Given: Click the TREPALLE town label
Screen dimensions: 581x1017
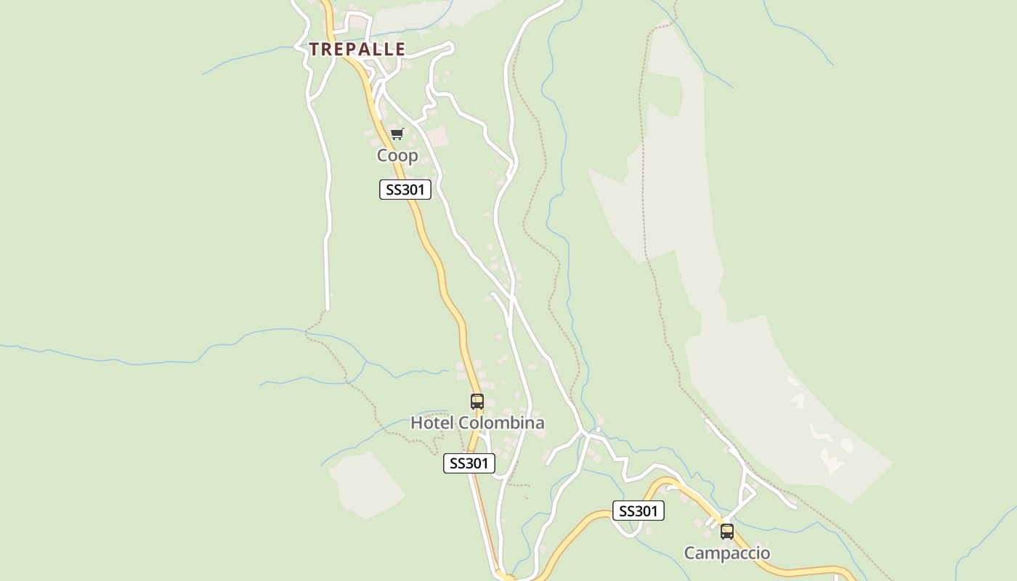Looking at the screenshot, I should (357, 49).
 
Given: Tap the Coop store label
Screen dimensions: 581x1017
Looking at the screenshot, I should (397, 155).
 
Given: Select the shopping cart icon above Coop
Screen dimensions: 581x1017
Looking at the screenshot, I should (397, 134).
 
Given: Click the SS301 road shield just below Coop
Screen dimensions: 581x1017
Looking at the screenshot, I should (405, 190).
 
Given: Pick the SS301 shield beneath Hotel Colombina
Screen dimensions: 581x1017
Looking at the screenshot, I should (469, 463).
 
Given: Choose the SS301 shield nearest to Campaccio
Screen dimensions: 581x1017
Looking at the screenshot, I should (639, 511).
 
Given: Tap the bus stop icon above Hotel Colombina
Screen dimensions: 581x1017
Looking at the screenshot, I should (477, 402).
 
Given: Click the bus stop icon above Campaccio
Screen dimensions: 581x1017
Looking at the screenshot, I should (727, 532).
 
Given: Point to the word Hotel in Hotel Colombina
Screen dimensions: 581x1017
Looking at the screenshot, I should (432, 423).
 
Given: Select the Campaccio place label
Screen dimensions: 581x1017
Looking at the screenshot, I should (727, 553).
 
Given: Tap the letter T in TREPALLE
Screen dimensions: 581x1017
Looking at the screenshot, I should (314, 49).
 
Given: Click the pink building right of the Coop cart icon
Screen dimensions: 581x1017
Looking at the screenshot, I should (437, 136).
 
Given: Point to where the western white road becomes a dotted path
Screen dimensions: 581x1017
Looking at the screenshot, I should (326, 311).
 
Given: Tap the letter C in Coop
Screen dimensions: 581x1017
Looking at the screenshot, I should (382, 155).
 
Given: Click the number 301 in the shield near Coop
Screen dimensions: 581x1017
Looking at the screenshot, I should (412, 190).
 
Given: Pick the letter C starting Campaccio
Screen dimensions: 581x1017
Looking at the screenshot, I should (690, 553).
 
